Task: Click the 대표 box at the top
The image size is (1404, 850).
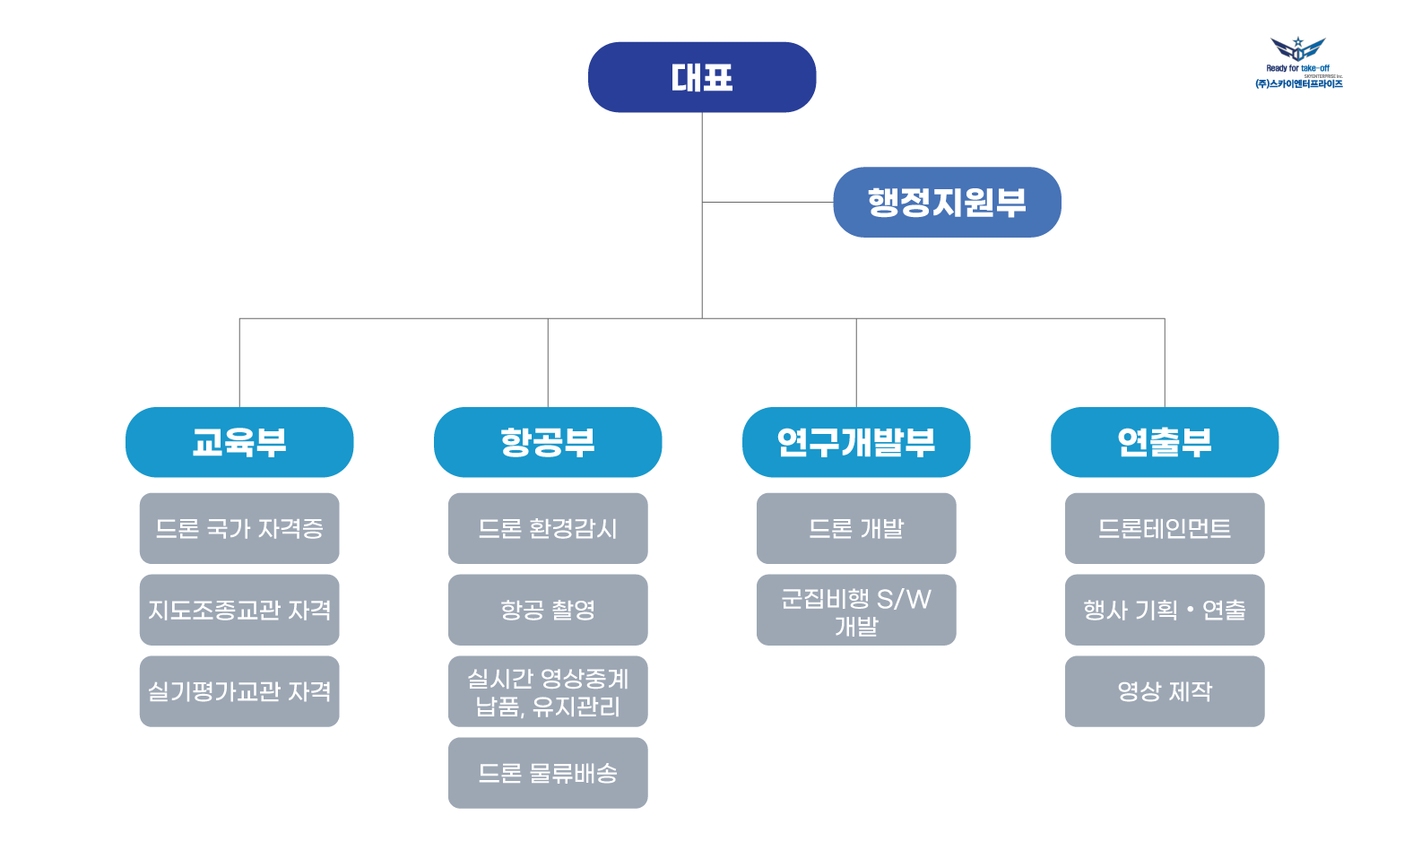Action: [702, 77]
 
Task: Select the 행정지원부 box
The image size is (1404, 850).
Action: [947, 202]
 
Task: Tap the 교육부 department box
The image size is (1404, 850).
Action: [239, 442]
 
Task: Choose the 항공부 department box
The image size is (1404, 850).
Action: [548, 442]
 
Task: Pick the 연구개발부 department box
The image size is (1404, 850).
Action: [856, 442]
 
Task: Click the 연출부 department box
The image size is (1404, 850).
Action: [1165, 442]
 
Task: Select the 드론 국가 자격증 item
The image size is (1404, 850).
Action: [239, 528]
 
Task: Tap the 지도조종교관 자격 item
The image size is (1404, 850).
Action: [239, 610]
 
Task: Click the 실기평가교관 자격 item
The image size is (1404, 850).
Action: [239, 691]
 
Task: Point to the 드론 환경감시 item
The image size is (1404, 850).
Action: [548, 528]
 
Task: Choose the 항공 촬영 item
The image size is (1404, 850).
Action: [548, 610]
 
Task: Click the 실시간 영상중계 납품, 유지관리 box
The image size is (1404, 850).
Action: [548, 691]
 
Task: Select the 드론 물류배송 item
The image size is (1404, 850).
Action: [548, 773]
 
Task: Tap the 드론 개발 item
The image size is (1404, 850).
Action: [856, 528]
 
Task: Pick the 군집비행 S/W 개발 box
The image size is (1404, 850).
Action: [856, 610]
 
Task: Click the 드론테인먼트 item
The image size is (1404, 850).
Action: [1165, 528]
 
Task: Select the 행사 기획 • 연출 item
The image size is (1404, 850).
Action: [1165, 610]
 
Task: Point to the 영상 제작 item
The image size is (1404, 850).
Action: [1165, 691]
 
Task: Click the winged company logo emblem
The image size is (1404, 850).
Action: [1298, 49]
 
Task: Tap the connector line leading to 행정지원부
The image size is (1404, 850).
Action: [767, 202]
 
